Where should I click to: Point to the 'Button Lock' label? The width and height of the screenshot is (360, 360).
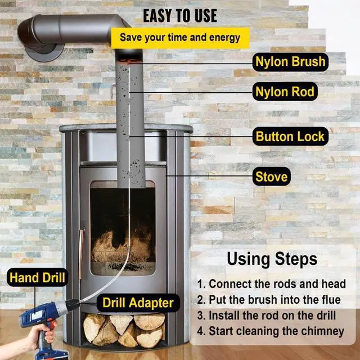click(289, 136)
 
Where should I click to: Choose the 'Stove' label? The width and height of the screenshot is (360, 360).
click(271, 177)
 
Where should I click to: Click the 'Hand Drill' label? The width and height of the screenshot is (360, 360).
click(37, 278)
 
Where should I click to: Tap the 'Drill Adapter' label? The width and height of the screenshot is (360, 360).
click(138, 303)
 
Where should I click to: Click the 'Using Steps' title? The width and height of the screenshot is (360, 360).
click(272, 259)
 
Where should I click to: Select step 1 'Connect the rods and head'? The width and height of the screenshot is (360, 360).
click(271, 284)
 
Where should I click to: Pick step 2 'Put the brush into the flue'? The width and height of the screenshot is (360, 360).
click(269, 300)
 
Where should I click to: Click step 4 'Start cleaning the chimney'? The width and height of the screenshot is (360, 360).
click(271, 331)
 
